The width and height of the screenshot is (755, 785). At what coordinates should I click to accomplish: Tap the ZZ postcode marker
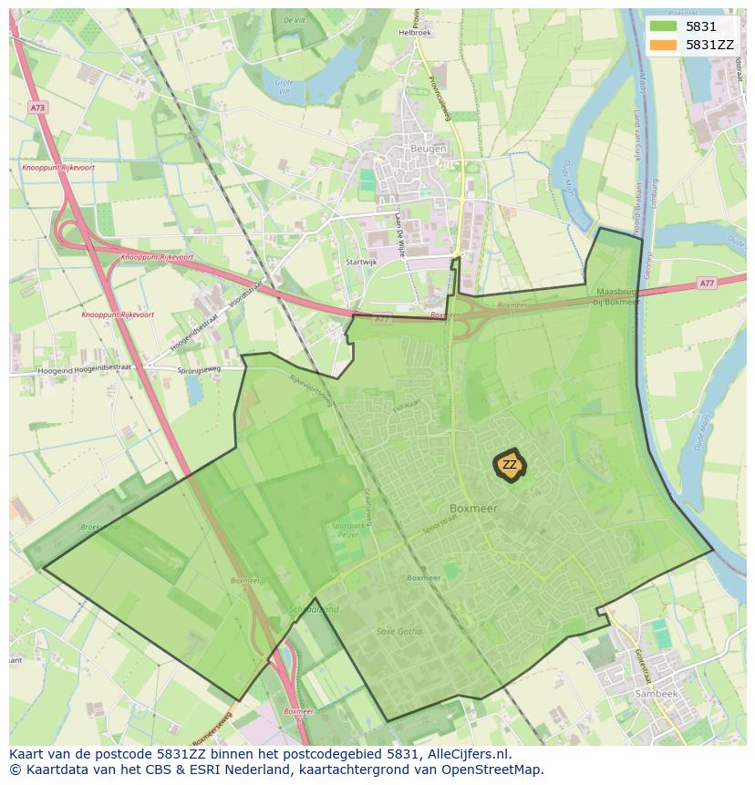510,465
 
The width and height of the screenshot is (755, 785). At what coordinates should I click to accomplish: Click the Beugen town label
428,149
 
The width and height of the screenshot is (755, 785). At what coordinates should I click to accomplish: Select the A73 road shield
37,108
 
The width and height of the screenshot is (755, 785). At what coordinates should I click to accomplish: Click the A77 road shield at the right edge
707,284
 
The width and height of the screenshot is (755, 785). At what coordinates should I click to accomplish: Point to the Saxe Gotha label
399,631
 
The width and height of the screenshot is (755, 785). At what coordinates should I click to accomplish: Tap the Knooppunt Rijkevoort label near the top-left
57,169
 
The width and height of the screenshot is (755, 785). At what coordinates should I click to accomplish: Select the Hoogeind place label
55,371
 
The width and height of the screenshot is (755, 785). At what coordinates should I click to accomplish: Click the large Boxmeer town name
473,509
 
